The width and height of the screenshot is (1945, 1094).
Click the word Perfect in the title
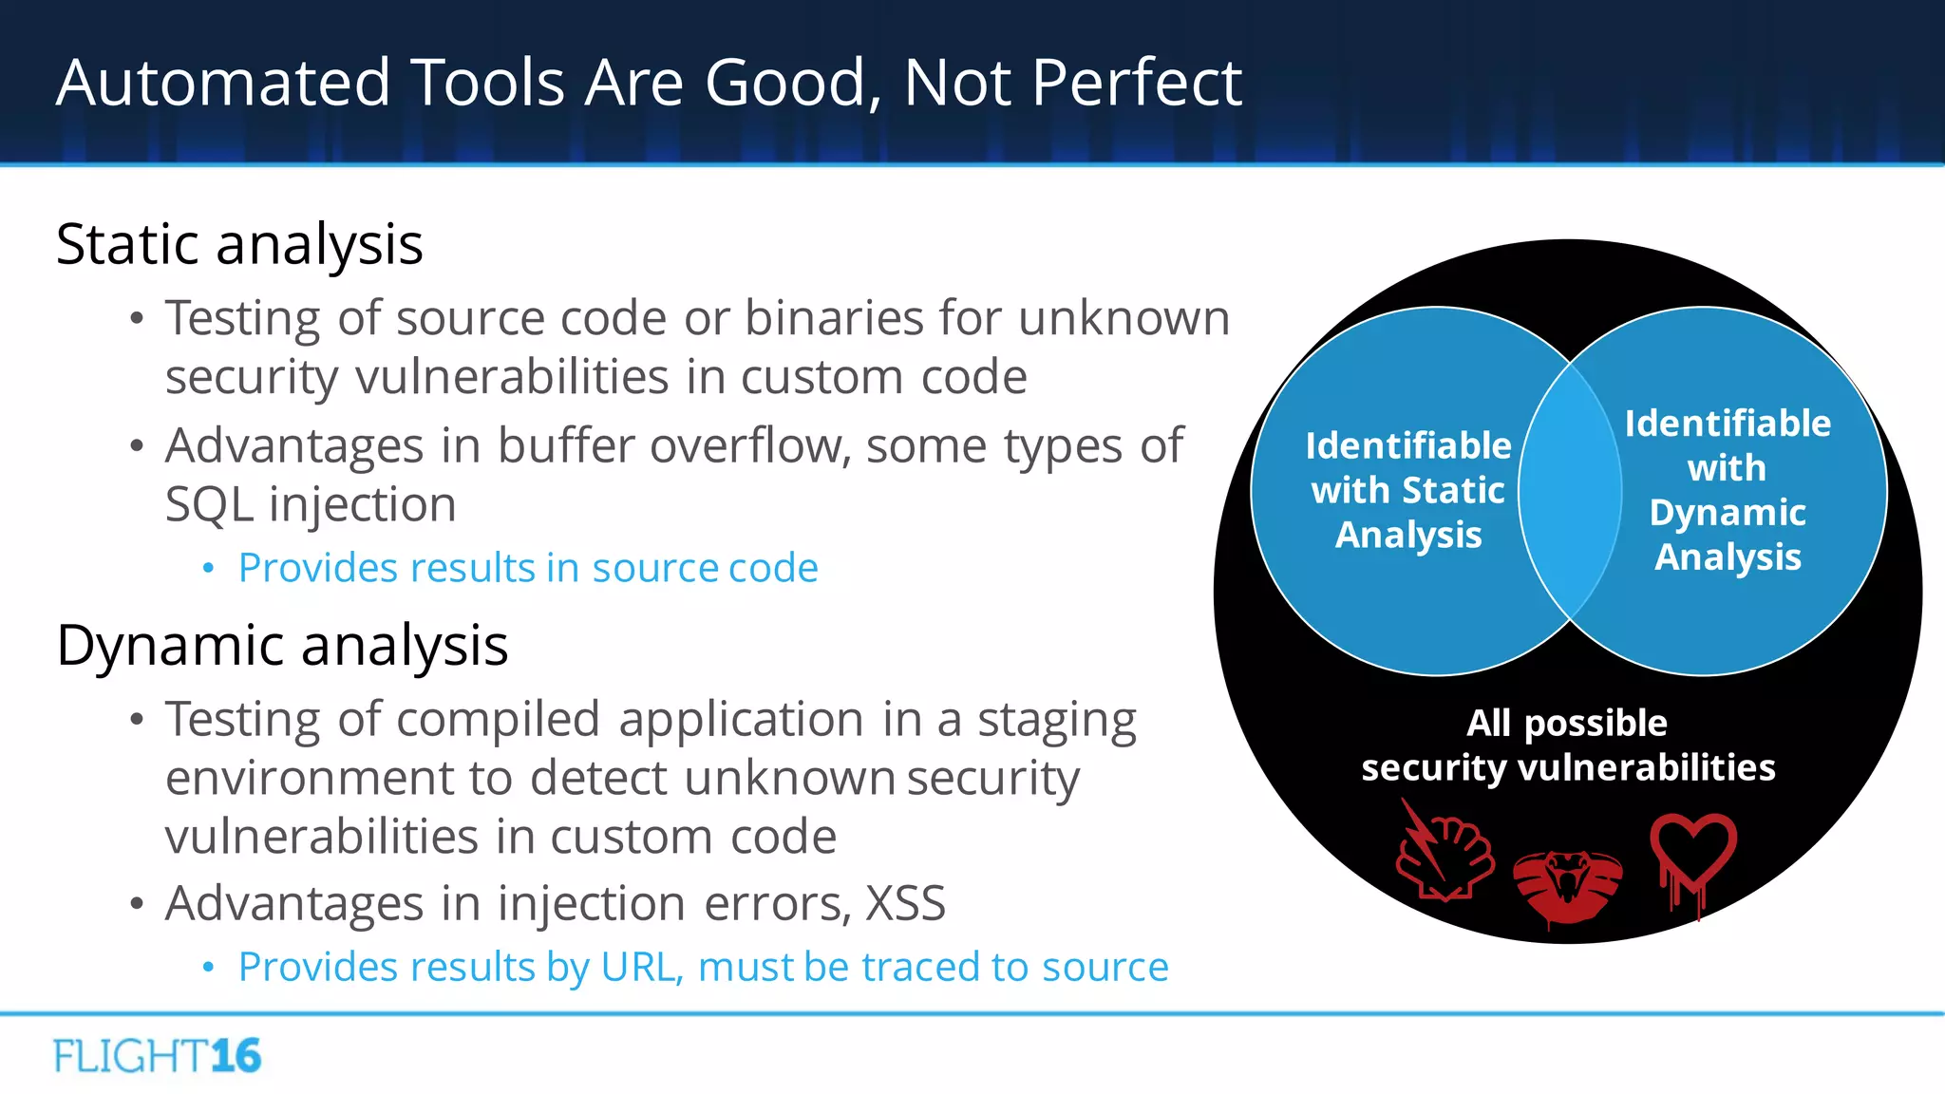[1136, 84]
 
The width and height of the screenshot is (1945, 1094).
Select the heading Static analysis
[239, 245]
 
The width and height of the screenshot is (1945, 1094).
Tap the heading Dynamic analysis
[282, 647]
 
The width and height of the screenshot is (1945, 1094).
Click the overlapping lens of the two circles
[1570, 491]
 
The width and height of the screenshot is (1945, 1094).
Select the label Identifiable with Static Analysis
[1407, 490]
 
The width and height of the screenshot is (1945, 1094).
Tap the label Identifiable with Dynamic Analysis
[1727, 490]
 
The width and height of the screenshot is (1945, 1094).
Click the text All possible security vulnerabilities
[1567, 745]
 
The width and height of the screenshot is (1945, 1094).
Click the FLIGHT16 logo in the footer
[158, 1056]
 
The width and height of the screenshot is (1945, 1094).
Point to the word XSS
[905, 903]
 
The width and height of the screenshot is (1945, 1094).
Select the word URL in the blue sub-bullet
[640, 968]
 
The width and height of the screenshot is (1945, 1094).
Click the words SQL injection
[311, 504]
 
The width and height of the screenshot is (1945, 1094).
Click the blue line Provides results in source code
[527, 569]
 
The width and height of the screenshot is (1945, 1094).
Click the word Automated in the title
[223, 84]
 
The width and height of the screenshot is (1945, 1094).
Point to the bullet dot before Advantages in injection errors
[137, 904]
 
